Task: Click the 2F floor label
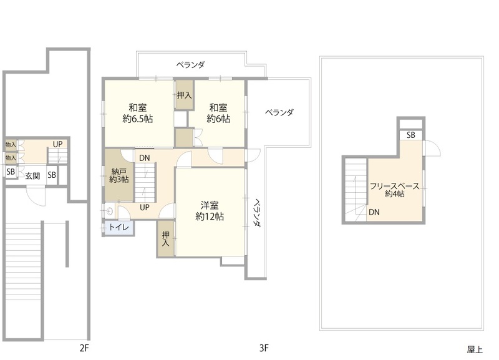click(84, 348)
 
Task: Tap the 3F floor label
click(264, 348)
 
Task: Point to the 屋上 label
click(475, 349)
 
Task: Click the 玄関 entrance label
click(32, 176)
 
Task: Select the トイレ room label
click(119, 227)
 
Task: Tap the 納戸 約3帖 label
click(119, 175)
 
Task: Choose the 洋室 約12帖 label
click(210, 211)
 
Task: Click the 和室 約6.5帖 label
click(137, 113)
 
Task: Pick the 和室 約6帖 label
click(218, 113)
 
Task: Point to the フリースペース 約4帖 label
click(395, 190)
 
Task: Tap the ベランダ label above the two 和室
click(191, 65)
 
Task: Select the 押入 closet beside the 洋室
click(165, 239)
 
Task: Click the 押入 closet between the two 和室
click(184, 95)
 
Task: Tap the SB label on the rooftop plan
click(411, 135)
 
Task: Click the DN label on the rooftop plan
click(374, 212)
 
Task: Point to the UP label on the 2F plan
click(57, 144)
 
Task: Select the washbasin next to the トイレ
click(110, 210)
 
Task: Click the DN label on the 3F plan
click(145, 158)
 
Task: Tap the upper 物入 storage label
click(11, 145)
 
